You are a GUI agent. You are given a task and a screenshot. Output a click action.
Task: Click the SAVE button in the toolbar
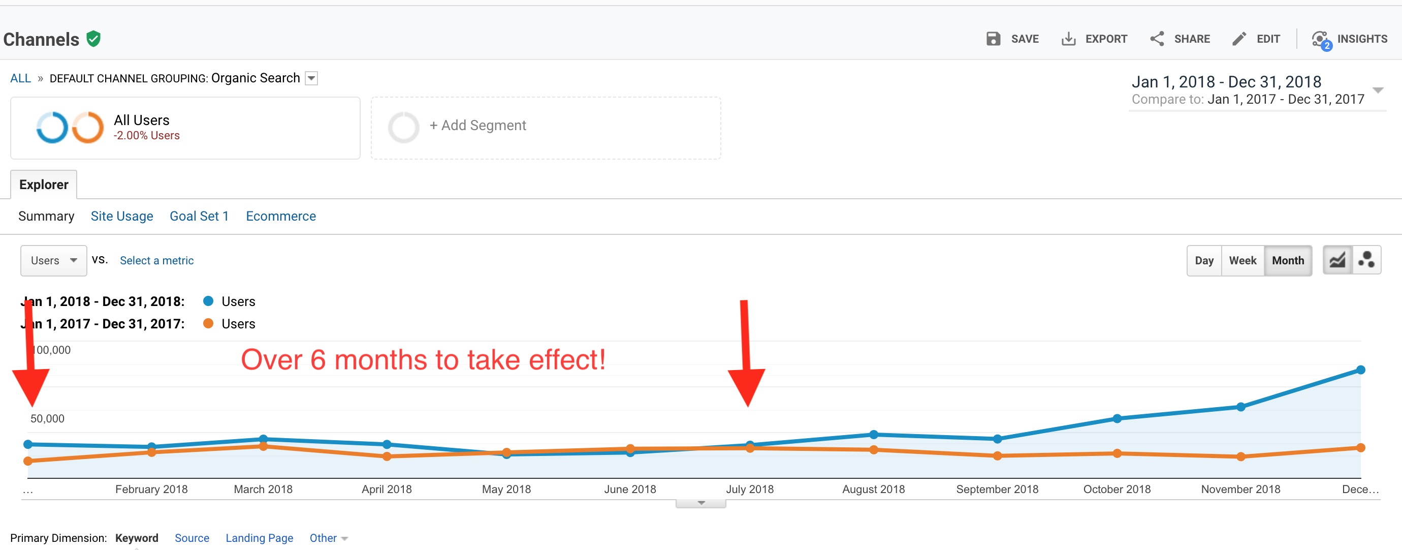(1013, 39)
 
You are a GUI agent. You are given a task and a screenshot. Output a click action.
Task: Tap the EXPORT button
(1095, 39)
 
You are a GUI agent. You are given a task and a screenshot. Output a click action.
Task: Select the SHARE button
(1180, 39)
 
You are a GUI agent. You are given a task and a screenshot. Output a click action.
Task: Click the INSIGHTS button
(1350, 39)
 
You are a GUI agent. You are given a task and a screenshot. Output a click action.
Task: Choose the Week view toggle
(1242, 261)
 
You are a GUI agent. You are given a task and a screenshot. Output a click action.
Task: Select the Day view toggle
(1204, 261)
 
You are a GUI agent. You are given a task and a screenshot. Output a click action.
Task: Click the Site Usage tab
(122, 216)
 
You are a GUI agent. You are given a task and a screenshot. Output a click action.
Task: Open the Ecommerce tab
(281, 216)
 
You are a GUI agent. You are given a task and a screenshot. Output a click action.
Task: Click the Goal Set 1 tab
(199, 216)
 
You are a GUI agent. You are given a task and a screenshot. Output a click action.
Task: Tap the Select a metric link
(157, 261)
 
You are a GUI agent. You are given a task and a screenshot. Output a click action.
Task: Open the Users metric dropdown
(53, 261)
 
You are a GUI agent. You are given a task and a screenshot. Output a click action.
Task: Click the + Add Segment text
(477, 126)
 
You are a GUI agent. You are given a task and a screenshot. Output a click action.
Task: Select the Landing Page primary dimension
(259, 538)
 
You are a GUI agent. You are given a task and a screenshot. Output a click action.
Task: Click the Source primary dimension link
(192, 538)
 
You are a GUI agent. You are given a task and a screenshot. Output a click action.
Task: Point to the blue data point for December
(1361, 370)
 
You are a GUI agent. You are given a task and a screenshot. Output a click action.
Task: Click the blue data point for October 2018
(1117, 419)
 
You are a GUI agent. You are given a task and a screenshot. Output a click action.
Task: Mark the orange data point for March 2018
(264, 446)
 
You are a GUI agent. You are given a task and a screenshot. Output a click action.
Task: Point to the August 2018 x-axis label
(874, 489)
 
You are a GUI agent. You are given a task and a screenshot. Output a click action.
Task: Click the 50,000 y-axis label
(47, 419)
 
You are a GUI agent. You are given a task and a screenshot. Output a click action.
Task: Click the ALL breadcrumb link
(21, 78)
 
